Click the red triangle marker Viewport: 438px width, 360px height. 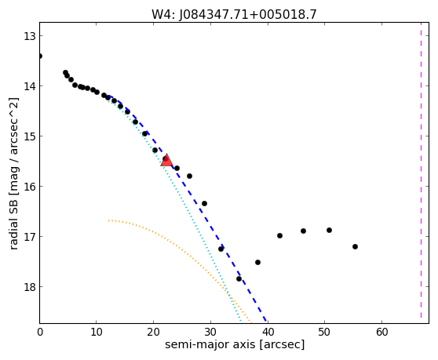point(166,160)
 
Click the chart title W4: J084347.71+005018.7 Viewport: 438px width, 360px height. point(234,14)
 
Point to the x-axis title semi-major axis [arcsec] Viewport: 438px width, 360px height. point(235,344)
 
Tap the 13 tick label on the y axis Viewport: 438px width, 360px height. point(29,36)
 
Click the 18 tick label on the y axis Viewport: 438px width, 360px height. point(29,287)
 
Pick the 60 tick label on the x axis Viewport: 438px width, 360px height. point(381,332)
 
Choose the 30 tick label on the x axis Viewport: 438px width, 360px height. point(210,332)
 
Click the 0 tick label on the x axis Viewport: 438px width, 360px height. point(40,332)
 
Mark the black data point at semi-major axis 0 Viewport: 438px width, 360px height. point(40,56)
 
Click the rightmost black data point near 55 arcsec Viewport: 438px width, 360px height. point(355,247)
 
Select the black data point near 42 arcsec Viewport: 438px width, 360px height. point(279,236)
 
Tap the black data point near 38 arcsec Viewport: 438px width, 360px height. point(257,262)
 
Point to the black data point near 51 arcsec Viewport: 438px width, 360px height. point(329,231)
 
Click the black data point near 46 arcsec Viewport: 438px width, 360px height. point(303,231)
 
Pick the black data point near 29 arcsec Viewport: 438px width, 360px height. point(204,204)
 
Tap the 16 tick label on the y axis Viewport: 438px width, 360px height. point(29,187)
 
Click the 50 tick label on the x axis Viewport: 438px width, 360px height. point(325,332)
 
